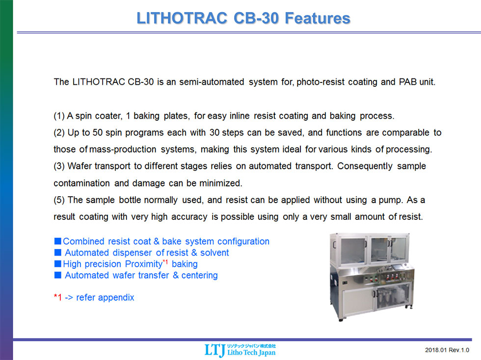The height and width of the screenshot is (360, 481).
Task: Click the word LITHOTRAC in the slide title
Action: pyautogui.click(x=182, y=18)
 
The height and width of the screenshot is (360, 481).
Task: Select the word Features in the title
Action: pyautogui.click(x=318, y=18)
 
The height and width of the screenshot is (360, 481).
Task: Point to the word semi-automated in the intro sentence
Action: pyautogui.click(x=212, y=82)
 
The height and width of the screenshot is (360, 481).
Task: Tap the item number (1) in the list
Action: pyautogui.click(x=59, y=116)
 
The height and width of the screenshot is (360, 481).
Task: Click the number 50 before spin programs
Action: pyautogui.click(x=98, y=132)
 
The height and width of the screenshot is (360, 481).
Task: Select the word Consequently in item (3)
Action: pyautogui.click(x=365, y=166)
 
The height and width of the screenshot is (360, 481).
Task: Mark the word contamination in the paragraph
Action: pyautogui.click(x=81, y=183)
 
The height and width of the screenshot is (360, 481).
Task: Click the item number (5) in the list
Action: pyautogui.click(x=59, y=200)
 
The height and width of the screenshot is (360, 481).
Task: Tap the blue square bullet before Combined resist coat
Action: pyautogui.click(x=57, y=241)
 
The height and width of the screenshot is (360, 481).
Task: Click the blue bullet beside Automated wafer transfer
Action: pyautogui.click(x=57, y=275)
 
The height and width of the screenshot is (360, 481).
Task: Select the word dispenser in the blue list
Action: pyautogui.click(x=132, y=253)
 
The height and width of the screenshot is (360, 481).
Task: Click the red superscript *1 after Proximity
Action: pyautogui.click(x=165, y=261)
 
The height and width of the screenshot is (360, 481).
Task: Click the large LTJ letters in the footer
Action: pyautogui.click(x=215, y=350)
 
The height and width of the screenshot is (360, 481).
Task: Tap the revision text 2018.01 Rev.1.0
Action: pyautogui.click(x=447, y=350)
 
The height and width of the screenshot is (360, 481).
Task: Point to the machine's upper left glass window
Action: pyautogui.click(x=352, y=251)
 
